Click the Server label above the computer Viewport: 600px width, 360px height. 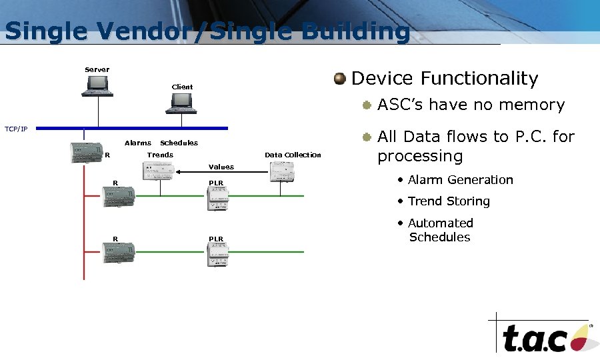97,69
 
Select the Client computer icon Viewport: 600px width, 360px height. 182,103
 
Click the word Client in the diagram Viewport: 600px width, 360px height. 182,87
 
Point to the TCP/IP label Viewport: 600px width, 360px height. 16,129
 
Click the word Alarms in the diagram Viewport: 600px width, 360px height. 137,143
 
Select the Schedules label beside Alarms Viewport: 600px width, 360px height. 179,143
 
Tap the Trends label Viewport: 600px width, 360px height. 160,155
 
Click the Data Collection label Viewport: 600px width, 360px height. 293,155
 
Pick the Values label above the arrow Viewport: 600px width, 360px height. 221,167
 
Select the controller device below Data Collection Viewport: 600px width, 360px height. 282,173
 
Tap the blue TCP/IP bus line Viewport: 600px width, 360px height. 133,127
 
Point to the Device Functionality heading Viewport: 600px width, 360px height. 444,79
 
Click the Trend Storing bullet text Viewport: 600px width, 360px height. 449,201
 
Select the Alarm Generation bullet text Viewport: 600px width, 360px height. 460,180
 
